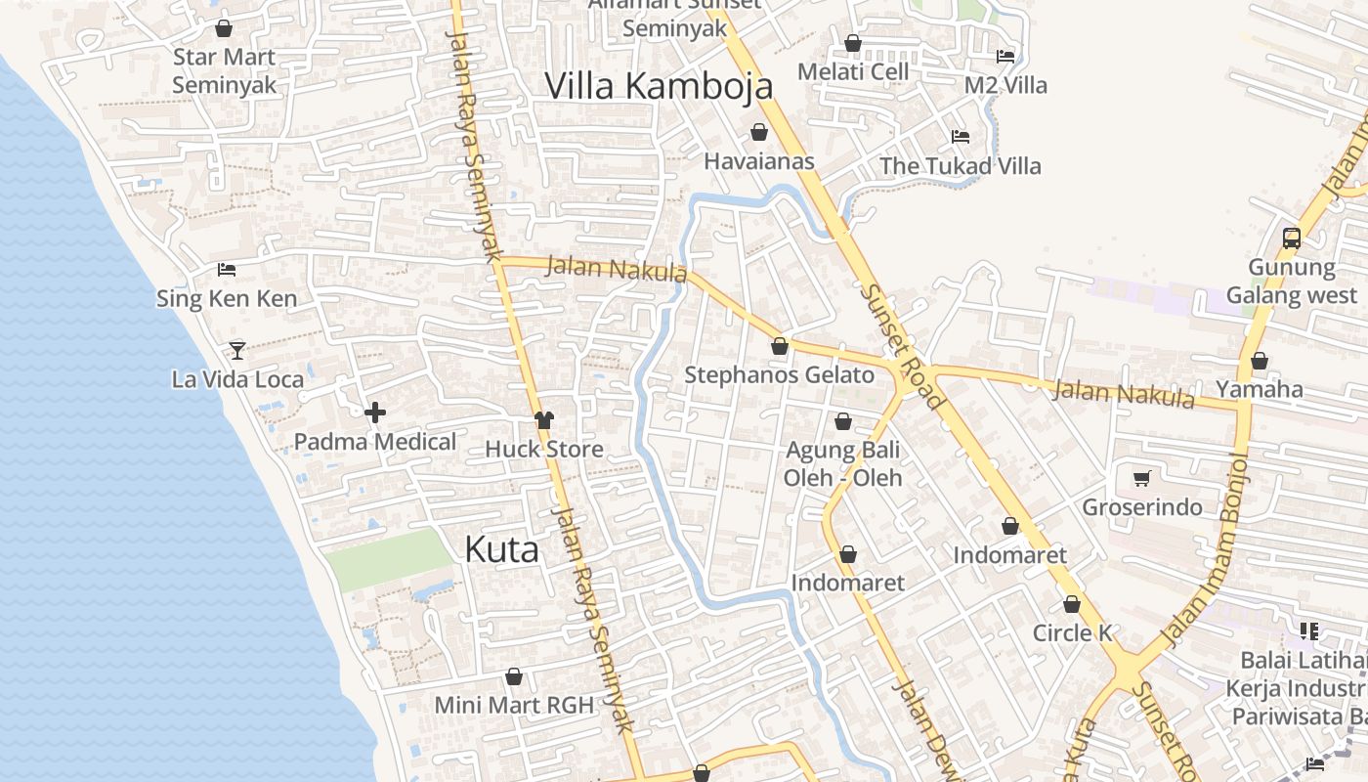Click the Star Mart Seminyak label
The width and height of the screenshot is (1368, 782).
click(224, 71)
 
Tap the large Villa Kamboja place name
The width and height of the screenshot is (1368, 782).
click(659, 86)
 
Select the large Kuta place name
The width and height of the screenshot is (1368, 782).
click(501, 550)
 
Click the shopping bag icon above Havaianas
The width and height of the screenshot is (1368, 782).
click(759, 132)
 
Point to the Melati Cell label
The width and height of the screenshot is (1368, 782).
click(853, 71)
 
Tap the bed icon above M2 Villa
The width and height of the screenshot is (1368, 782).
click(1005, 56)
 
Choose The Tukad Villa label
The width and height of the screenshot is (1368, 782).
click(960, 166)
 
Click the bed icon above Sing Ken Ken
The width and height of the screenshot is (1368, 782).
click(227, 270)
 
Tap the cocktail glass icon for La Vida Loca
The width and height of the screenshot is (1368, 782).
click(236, 350)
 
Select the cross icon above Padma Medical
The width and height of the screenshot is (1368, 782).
click(375, 413)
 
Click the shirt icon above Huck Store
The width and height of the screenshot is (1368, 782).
click(544, 420)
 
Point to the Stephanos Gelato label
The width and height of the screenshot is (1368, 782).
click(779, 375)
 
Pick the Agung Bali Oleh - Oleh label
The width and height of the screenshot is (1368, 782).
click(842, 464)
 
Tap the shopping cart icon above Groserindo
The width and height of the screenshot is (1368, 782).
click(1141, 478)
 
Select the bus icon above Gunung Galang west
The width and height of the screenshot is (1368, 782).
click(1292, 238)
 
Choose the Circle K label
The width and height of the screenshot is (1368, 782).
click(1072, 633)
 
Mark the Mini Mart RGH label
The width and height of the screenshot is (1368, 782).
click(514, 705)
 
